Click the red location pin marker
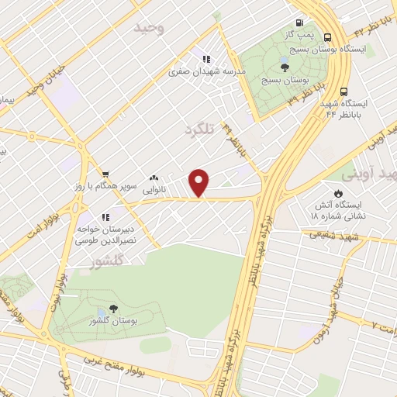[199, 182]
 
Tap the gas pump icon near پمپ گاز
[297, 23]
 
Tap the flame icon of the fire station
[337, 192]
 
